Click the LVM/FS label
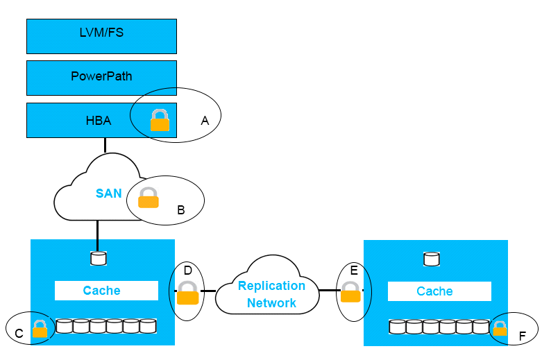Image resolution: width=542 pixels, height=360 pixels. click(101, 33)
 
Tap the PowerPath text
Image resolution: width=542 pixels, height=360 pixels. click(101, 76)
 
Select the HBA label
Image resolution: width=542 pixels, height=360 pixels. click(99, 121)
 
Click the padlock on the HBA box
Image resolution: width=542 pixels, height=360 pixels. click(160, 120)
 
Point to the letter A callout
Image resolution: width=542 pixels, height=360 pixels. click(205, 121)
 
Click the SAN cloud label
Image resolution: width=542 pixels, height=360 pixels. click(108, 193)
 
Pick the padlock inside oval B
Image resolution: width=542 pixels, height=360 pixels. click(149, 198)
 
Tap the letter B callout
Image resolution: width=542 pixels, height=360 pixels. click(180, 209)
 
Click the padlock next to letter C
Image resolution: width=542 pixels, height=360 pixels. click(40, 329)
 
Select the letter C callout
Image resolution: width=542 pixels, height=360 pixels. click(19, 333)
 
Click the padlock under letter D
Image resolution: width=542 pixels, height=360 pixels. click(187, 293)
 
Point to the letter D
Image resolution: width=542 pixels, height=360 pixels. click(187, 271)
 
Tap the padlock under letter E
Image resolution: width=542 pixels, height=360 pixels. click(350, 292)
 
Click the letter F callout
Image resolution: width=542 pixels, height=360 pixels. click(523, 336)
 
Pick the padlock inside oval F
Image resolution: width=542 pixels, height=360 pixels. click(500, 329)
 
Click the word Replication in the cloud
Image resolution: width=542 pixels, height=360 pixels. click(271, 286)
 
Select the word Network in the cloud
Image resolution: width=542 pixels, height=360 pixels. click(271, 303)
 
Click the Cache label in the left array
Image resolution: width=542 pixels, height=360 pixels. click(101, 291)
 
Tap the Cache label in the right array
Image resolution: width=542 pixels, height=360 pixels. click(434, 291)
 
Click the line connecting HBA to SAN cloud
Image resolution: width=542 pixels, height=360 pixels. click(105, 145)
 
